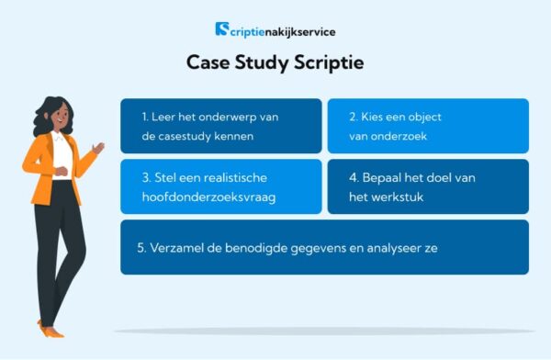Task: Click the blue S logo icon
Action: point(222,30)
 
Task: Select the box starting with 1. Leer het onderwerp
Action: point(220,126)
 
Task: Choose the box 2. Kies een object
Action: point(428,126)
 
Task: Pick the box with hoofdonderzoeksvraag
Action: point(220,186)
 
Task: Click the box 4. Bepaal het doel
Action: point(428,186)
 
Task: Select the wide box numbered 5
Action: point(324,247)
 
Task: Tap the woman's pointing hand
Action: point(98,147)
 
